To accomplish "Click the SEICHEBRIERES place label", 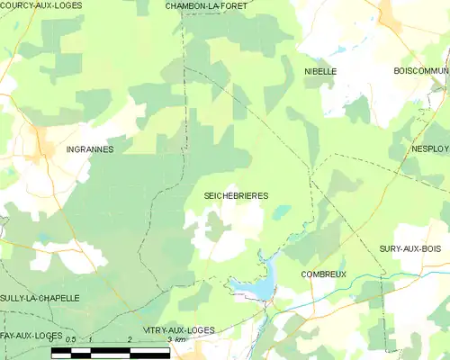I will (x=237, y=195).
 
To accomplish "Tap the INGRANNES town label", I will (x=90, y=149).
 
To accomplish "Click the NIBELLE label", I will (x=320, y=70).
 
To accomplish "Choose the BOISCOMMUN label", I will (x=420, y=70).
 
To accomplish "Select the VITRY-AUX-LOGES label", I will (x=178, y=330).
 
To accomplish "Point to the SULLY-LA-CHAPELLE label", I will (x=40, y=297).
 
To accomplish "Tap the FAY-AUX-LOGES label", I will (x=31, y=335).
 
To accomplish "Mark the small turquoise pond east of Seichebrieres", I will (x=283, y=211).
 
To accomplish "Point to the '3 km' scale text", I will (x=178, y=340).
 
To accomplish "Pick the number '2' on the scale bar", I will (x=131, y=339).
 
